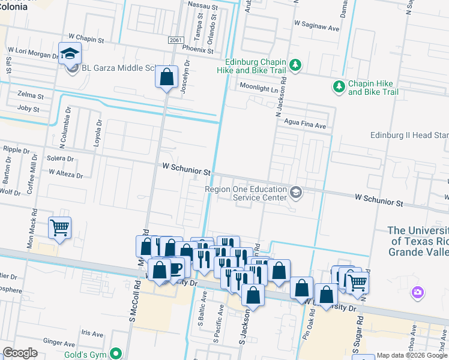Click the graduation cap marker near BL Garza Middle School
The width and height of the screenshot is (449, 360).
[70, 53]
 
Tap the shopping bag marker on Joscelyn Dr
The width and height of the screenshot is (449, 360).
[166, 77]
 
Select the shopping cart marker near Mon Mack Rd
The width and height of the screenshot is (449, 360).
[59, 227]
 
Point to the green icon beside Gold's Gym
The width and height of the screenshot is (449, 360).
[119, 354]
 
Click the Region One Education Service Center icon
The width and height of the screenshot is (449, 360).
[295, 193]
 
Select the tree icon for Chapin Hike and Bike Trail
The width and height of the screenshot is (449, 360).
[339, 87]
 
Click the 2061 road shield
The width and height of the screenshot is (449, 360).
[175, 40]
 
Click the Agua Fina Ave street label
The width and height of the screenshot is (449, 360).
[305, 126]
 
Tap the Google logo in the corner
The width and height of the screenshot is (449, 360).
[20, 353]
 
